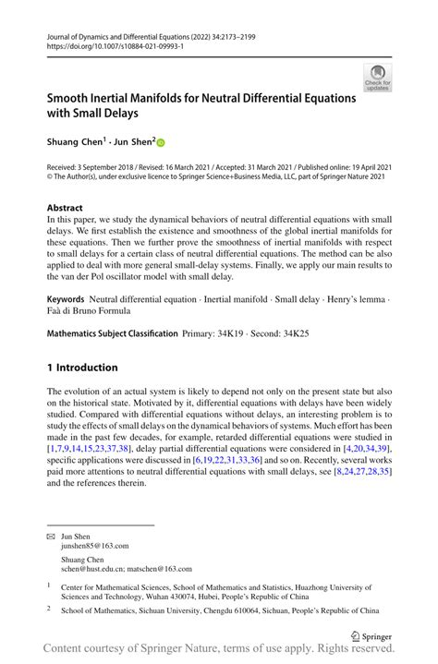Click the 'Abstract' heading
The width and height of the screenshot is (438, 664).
pyautogui.click(x=65, y=208)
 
